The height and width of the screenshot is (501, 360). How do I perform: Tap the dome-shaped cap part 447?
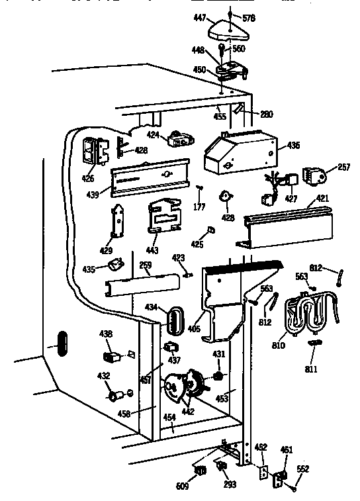pos(226,28)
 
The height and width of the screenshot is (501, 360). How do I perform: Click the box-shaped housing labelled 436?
pos(238,153)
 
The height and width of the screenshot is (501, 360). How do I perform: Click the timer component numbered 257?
pos(314,175)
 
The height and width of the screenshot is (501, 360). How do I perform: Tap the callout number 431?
pos(219,355)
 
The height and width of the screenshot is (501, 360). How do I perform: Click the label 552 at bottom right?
pos(302,469)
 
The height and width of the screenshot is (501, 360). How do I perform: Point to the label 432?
pos(103,376)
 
